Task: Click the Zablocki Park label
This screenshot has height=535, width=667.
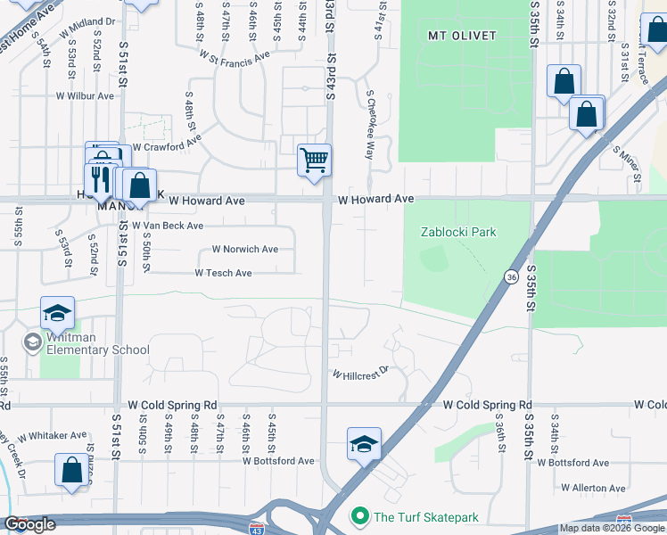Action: (x=458, y=232)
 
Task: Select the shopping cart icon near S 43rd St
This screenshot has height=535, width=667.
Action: (x=314, y=160)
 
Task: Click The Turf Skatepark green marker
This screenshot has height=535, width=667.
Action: (x=360, y=516)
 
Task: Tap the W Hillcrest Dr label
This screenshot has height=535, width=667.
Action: (x=362, y=373)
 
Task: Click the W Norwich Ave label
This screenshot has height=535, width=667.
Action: (x=244, y=250)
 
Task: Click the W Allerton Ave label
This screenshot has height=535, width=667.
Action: (x=593, y=489)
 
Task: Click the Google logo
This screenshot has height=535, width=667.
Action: (x=29, y=524)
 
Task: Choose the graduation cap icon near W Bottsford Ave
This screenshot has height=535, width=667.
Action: (x=364, y=444)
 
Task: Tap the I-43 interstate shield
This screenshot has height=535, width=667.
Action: (x=257, y=529)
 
